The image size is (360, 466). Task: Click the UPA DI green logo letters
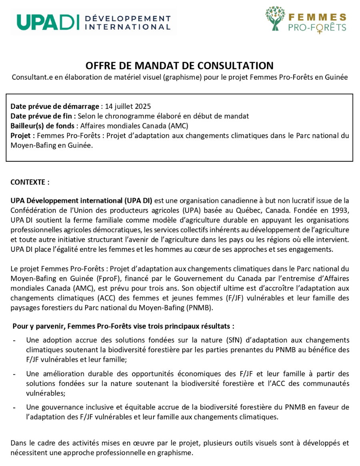pyautogui.click(x=48, y=22)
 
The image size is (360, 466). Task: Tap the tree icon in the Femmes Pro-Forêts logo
pyautogui.click(x=275, y=18)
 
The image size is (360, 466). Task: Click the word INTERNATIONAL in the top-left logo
pyautogui.click(x=128, y=27)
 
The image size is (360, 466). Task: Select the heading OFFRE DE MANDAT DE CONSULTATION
pyautogui.click(x=180, y=66)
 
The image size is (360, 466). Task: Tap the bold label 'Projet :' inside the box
pyautogui.click(x=23, y=135)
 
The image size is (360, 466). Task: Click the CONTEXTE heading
pyautogui.click(x=30, y=182)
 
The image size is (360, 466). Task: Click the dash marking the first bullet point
pyautogui.click(x=14, y=340)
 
